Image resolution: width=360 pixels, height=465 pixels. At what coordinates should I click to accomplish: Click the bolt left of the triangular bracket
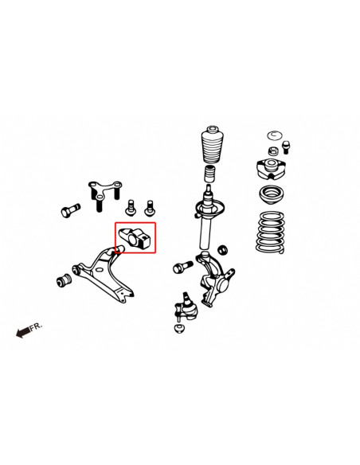68,211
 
